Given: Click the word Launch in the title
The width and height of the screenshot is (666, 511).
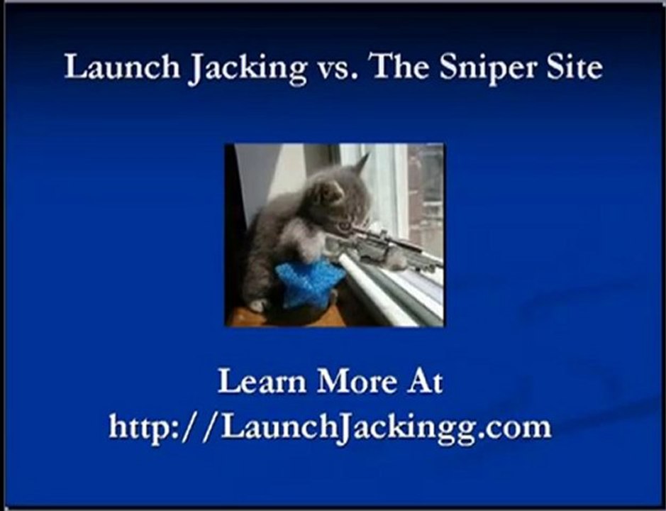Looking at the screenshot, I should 121,68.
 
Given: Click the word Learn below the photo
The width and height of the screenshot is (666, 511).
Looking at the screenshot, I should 262,382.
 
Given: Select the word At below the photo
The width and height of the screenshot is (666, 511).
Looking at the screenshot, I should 424,382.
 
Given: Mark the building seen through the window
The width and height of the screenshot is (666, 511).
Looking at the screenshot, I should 426,192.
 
